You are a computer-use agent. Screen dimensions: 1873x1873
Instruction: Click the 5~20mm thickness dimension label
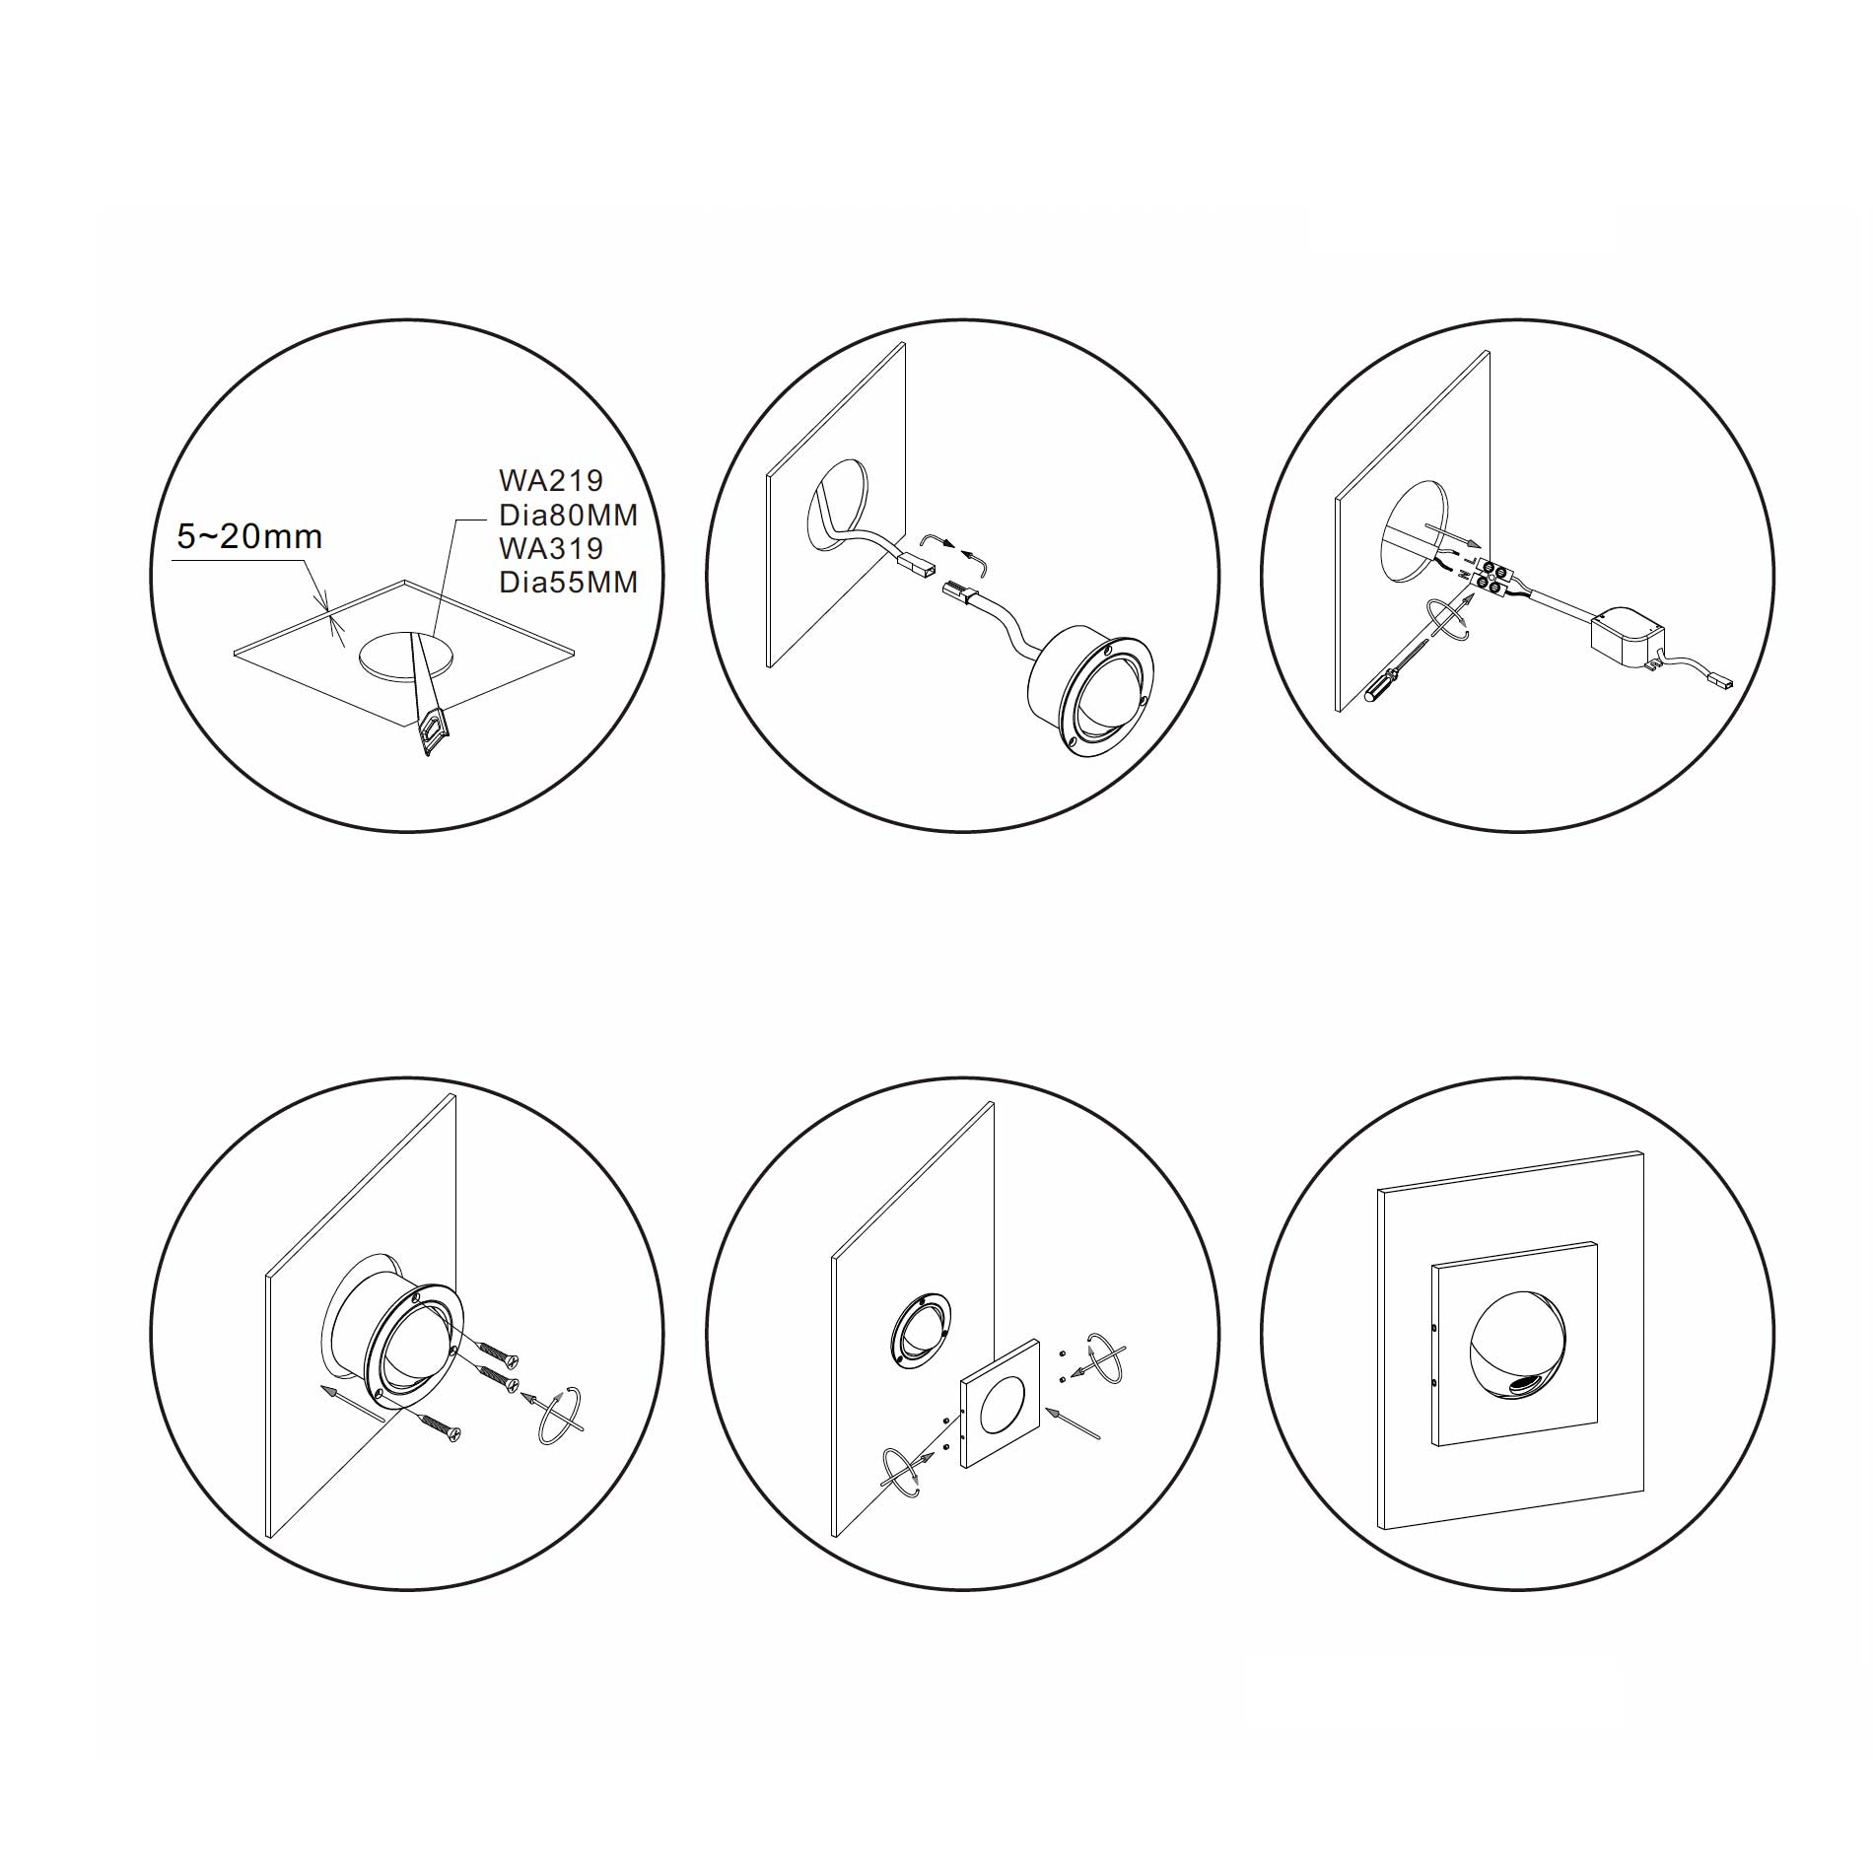249,536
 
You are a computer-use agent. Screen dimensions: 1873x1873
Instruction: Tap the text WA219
551,480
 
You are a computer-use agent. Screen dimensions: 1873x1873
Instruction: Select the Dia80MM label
569,515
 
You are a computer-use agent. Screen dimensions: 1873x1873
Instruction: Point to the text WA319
551,548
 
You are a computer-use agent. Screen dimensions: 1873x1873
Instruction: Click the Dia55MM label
569,582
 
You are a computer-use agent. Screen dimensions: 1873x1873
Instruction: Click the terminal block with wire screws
1491,578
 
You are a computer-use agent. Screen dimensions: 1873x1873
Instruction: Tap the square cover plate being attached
1001,1401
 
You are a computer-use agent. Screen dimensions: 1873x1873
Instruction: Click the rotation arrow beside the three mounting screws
559,1418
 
